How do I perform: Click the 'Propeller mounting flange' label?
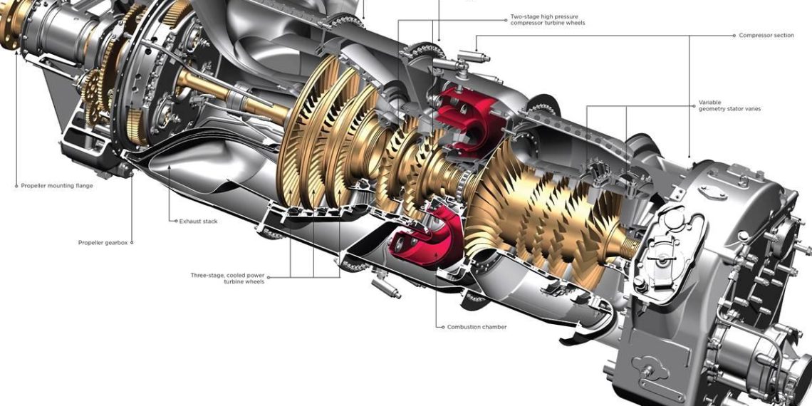pos(57,185)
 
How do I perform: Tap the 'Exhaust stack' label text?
pos(198,221)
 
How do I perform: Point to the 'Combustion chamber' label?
pos(477,327)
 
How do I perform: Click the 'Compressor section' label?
pos(766,35)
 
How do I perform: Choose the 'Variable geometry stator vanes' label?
pos(729,105)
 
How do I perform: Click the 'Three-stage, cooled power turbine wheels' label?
pos(227,278)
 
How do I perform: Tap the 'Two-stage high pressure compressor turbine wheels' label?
pos(548,20)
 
